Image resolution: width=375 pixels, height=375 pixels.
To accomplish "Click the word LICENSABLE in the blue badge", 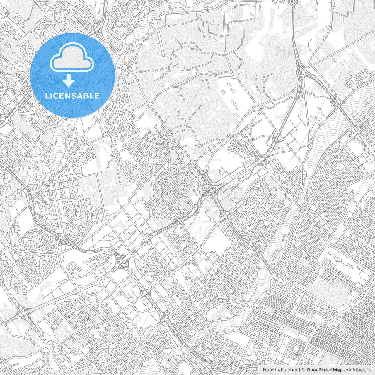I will (x=72, y=96).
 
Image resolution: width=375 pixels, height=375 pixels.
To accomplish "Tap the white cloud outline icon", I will (x=72, y=58).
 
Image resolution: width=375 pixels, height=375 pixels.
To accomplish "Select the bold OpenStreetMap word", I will (x=325, y=370).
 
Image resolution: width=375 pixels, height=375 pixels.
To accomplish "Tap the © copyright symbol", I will (x=304, y=370).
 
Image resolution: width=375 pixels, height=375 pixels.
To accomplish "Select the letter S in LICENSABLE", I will (x=71, y=96).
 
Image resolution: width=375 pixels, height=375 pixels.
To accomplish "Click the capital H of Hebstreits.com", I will (x=265, y=370).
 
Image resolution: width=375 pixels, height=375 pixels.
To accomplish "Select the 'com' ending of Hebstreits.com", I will (x=292, y=370).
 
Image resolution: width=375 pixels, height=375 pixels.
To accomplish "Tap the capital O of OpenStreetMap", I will (x=309, y=370).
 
